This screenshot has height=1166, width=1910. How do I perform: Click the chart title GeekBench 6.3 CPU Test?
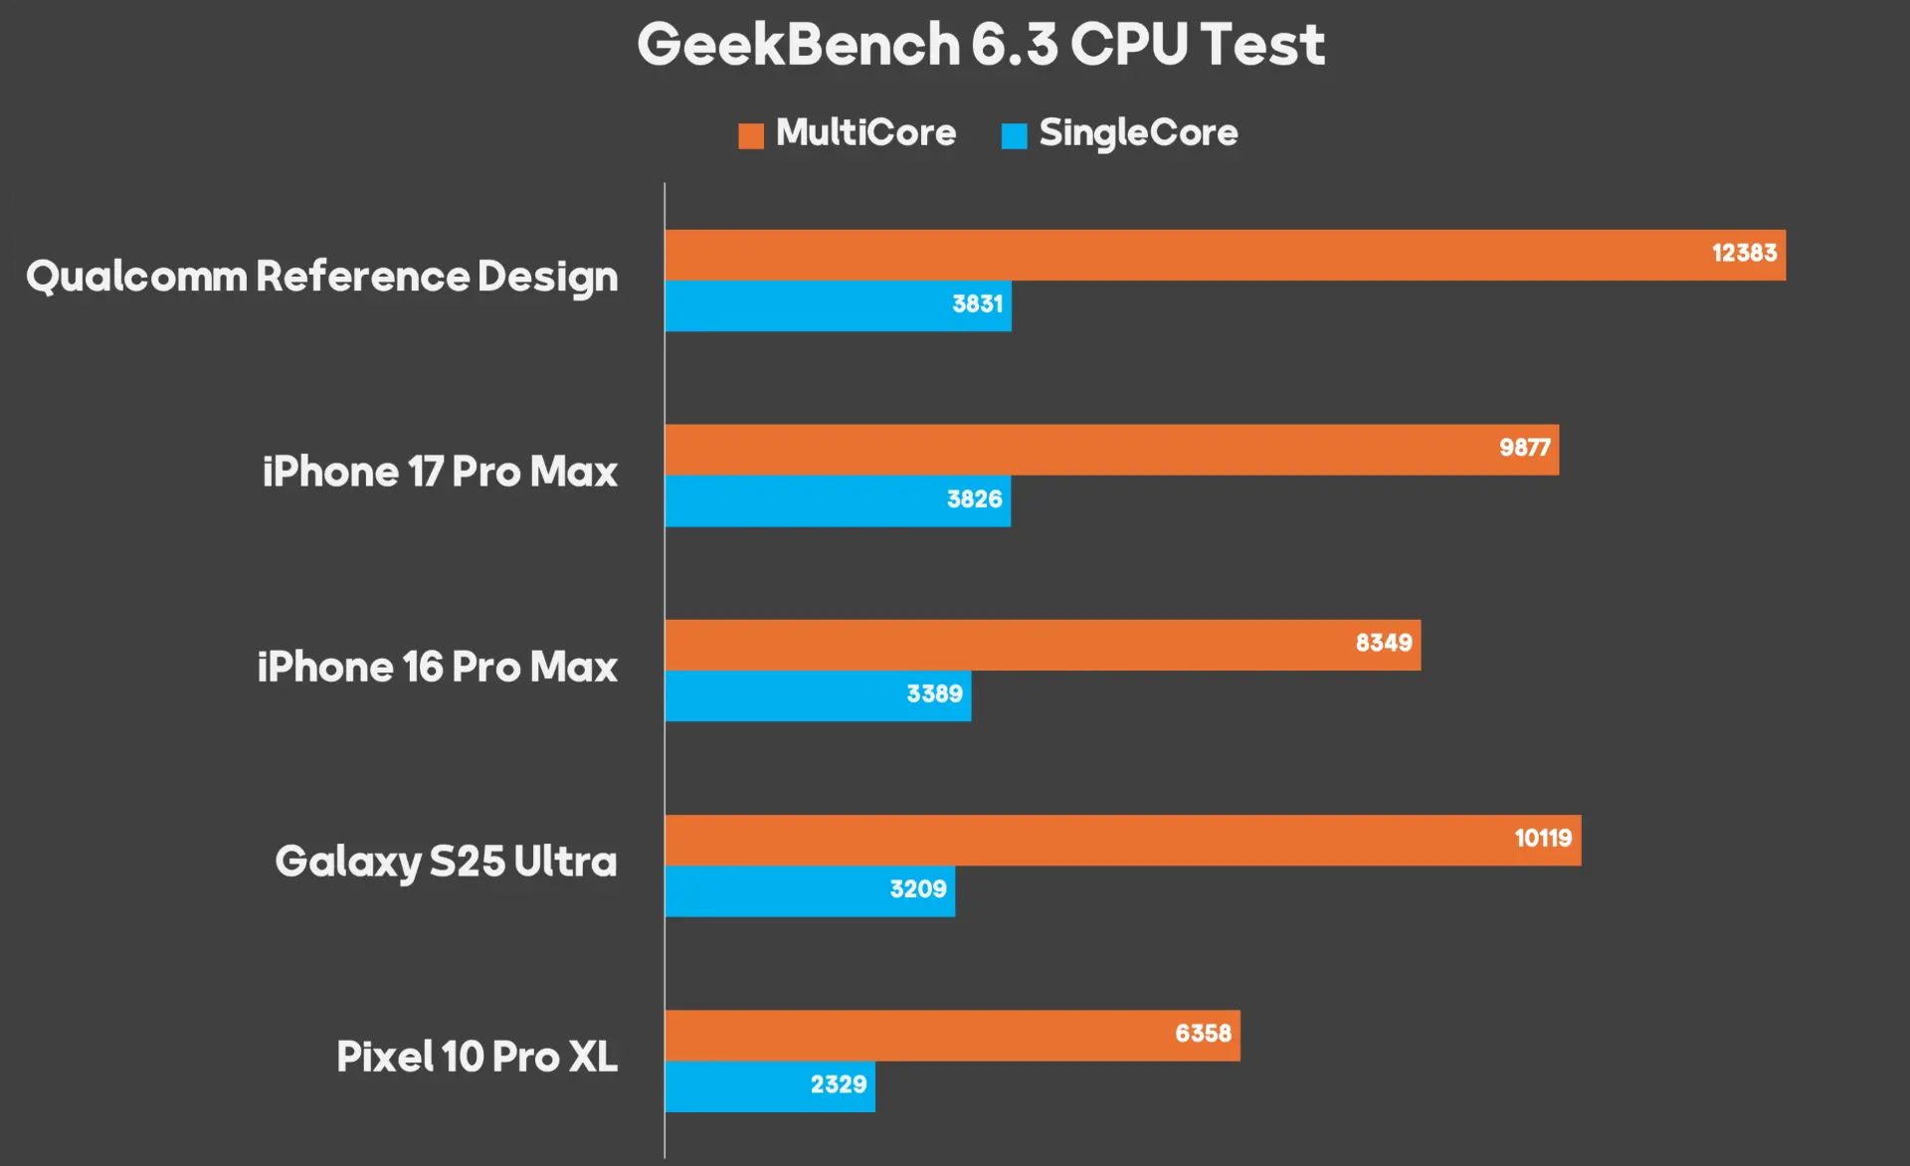click(x=981, y=45)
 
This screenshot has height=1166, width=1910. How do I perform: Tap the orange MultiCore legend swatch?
click(x=751, y=135)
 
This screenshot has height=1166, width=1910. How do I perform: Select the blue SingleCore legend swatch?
click(x=1014, y=135)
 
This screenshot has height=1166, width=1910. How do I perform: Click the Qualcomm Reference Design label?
click(x=321, y=277)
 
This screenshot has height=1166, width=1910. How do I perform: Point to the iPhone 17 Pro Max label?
click(x=440, y=472)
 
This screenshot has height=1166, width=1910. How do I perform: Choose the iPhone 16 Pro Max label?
click(x=437, y=667)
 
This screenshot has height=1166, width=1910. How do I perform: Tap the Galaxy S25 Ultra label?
click(x=446, y=862)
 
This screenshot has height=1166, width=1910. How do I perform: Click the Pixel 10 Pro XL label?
click(x=477, y=1057)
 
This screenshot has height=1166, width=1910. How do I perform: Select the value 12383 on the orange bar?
click(x=1744, y=254)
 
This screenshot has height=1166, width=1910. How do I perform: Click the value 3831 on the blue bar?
click(x=977, y=304)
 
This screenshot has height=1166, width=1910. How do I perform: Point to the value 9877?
click(x=1524, y=449)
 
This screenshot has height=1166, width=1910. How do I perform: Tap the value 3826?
click(x=974, y=499)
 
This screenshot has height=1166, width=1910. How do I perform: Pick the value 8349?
click(x=1383, y=644)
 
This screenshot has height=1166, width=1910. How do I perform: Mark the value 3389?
click(x=934, y=694)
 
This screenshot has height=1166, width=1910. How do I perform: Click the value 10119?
click(x=1543, y=839)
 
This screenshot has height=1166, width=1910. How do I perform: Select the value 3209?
click(x=917, y=889)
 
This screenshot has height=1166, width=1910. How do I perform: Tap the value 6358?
click(x=1203, y=1034)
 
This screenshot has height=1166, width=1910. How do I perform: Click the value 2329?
click(x=838, y=1084)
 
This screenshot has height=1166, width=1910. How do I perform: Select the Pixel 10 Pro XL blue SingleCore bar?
click(x=736, y=1086)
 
